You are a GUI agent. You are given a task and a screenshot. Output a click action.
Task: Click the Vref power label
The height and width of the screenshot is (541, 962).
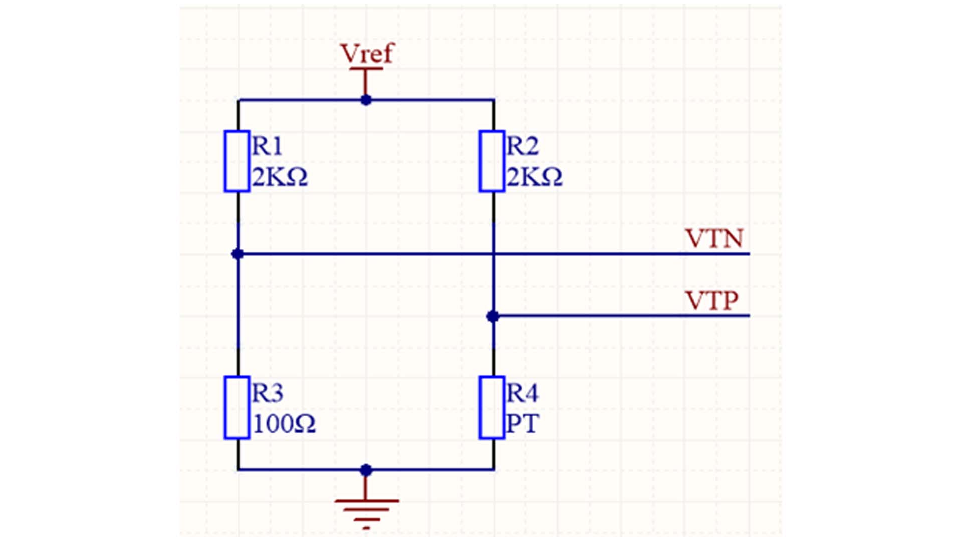coord(367,53)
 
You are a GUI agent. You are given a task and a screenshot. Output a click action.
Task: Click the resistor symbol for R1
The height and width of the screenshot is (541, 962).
coord(236,161)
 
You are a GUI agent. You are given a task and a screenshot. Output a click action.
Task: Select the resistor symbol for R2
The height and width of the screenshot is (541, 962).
coord(492,161)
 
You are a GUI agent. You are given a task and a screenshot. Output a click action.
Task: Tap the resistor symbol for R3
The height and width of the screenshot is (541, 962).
coord(236,408)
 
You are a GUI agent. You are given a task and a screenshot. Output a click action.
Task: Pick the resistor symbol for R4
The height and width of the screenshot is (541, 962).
coord(492,408)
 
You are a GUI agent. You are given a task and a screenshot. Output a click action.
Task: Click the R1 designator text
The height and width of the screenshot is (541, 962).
coord(267,146)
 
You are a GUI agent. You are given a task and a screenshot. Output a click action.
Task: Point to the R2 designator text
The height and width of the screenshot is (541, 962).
coord(522,146)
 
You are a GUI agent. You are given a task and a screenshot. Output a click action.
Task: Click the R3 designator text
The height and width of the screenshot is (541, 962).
coord(267,393)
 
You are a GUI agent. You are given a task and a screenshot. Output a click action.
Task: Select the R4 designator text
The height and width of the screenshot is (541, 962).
coord(522,393)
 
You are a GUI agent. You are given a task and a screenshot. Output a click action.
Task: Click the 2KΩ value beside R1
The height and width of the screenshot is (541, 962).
coord(280,177)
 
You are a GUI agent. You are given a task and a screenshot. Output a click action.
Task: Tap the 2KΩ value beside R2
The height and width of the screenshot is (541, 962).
coord(534,177)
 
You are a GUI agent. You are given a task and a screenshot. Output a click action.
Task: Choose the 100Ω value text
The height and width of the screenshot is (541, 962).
coord(284,424)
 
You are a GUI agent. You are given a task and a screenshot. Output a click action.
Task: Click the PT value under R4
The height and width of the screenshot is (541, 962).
coord(522,424)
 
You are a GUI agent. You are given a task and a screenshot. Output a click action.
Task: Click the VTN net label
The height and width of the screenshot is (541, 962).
coord(714,239)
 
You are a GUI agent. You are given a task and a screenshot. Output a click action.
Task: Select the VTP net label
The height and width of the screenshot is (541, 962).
coord(711,301)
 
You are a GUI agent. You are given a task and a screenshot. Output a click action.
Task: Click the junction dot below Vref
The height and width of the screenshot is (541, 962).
coord(366,100)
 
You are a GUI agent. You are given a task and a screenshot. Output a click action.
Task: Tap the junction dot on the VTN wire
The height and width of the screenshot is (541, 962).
coord(237,254)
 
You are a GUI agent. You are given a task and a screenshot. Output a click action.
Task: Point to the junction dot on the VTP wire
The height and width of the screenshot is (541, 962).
coord(493,316)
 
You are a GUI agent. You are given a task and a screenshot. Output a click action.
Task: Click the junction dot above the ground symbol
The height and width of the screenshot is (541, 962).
coord(366,470)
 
